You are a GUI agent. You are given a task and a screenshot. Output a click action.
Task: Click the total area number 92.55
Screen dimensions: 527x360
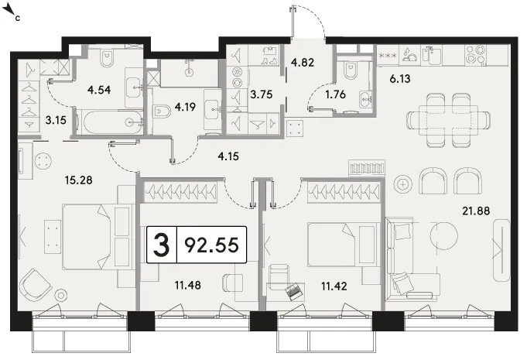(212, 245)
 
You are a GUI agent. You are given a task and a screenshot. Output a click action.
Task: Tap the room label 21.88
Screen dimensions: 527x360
(476, 211)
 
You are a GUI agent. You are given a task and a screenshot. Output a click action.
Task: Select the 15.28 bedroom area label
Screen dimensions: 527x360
(79, 180)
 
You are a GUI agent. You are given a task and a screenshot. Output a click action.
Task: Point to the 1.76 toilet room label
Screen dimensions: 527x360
(335, 94)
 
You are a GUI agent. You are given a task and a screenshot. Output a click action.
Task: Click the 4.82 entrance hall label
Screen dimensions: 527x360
(303, 62)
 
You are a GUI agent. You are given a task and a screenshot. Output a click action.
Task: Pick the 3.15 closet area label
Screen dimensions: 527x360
(56, 120)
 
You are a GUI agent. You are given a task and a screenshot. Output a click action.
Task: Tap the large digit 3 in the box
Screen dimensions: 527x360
(161, 245)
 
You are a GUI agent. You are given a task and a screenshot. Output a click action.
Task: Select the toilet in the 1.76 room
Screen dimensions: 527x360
(350, 70)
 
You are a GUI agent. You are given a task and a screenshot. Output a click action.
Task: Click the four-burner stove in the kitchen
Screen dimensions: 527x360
(476, 55)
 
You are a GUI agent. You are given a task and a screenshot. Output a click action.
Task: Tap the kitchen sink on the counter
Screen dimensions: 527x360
(432, 55)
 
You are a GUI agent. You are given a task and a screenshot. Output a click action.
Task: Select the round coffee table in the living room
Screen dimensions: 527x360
(444, 235)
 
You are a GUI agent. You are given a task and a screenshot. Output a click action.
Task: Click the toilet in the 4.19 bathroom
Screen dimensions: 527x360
(162, 111)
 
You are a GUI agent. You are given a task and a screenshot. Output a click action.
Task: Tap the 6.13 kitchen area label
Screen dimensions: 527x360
(400, 79)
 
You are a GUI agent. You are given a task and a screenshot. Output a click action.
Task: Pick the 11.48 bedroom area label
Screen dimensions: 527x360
(187, 286)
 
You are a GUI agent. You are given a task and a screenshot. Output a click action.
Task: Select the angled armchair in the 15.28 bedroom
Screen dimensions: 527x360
(35, 285)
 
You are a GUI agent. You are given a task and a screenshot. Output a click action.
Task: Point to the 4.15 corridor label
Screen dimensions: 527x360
(228, 156)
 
